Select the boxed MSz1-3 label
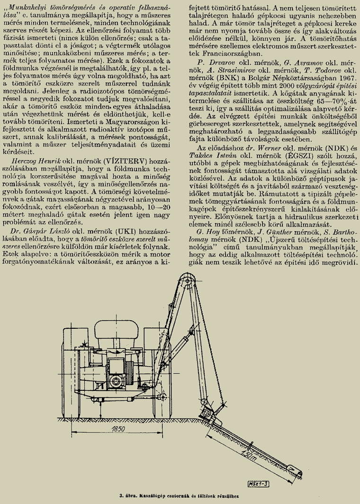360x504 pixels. click(258, 483)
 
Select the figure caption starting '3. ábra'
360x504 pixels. click(180, 496)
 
